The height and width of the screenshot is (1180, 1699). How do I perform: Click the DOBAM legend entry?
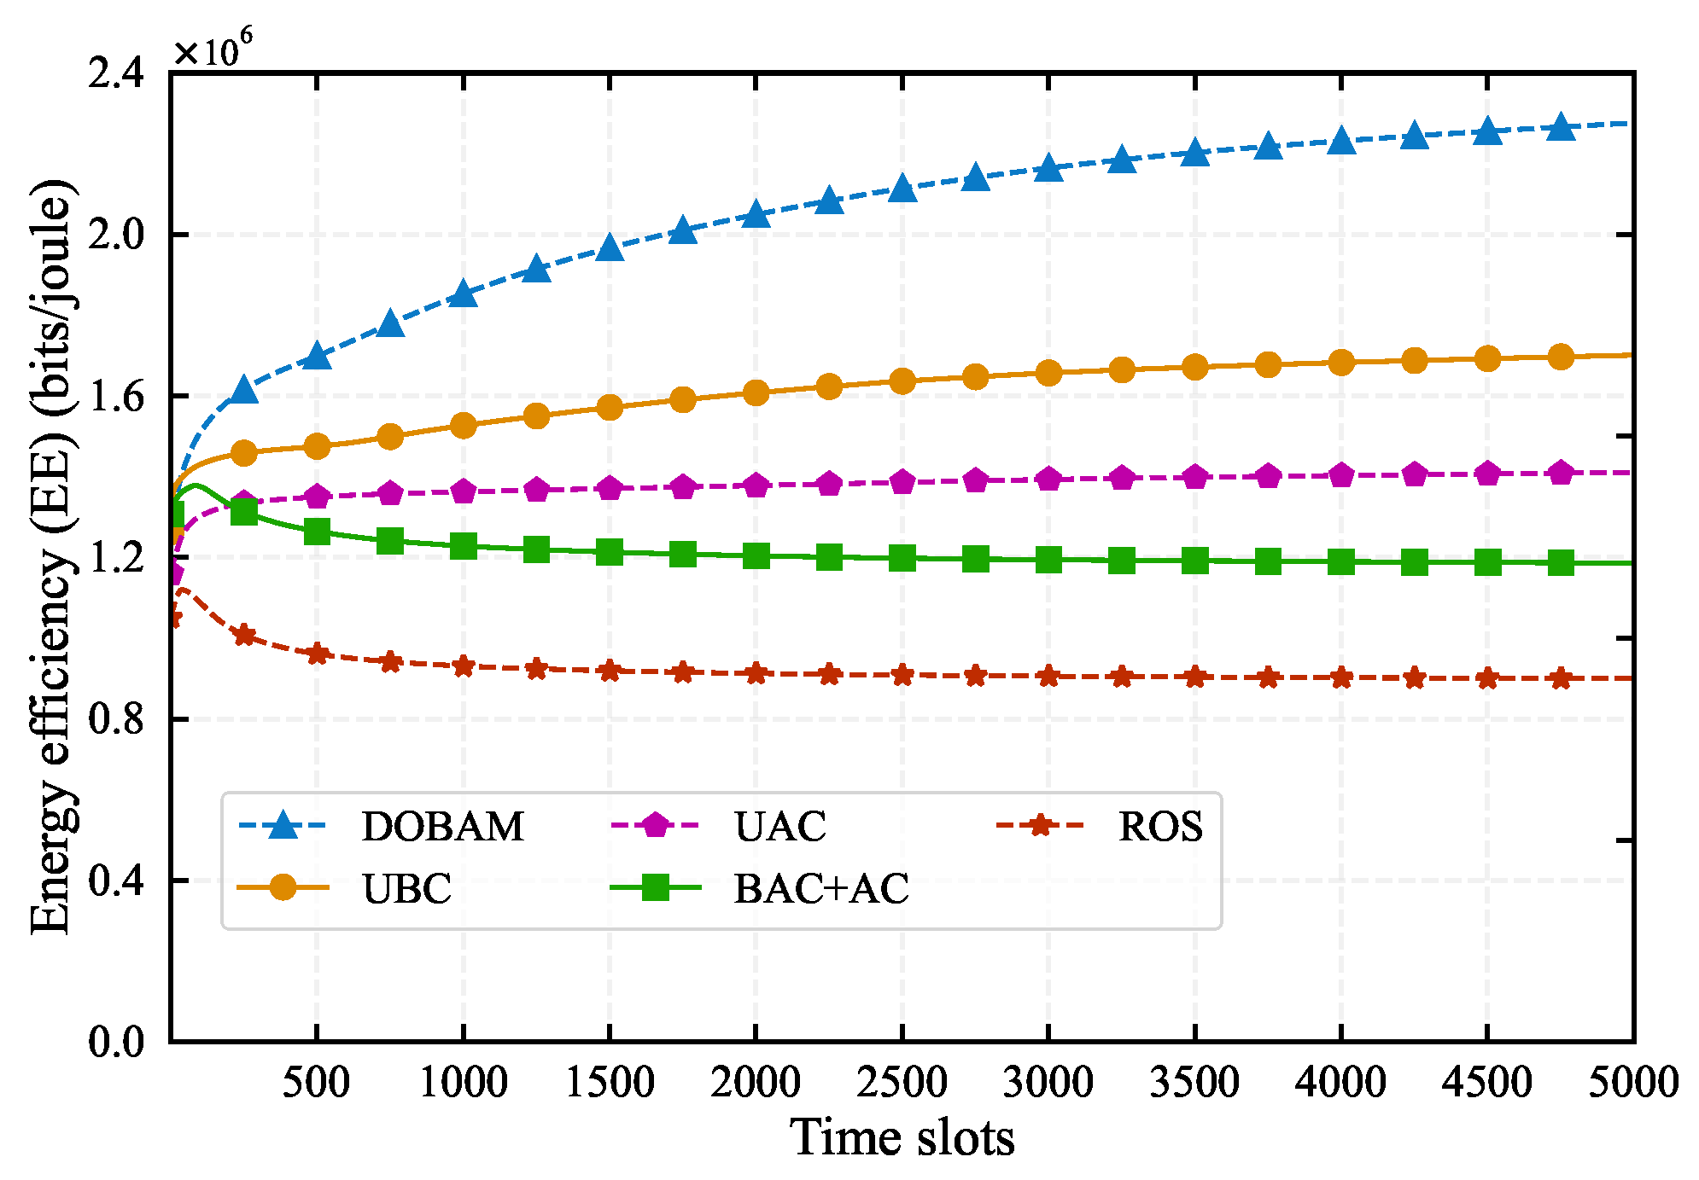(442, 826)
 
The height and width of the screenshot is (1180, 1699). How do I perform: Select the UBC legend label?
(406, 889)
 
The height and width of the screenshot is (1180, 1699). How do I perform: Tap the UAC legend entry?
(779, 826)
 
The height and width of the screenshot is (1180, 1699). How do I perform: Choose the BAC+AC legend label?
(821, 889)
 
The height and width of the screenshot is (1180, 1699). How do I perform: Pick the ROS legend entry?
(1160, 826)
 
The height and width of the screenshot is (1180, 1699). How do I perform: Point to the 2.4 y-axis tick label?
(116, 73)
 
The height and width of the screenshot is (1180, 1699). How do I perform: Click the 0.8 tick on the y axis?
(116, 719)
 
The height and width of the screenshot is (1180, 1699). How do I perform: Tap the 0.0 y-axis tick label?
(116, 1042)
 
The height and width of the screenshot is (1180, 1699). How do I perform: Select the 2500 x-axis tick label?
(902, 1083)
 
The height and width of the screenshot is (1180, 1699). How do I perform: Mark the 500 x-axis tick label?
(317, 1083)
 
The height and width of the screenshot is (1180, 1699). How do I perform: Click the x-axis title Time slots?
(902, 1137)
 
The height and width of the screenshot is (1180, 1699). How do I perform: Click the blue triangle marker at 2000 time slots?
(756, 214)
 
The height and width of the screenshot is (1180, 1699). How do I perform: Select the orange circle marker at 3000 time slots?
(1048, 373)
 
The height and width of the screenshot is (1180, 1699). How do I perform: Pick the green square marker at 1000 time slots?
(463, 545)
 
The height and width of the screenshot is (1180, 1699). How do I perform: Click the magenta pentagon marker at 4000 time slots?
(1341, 475)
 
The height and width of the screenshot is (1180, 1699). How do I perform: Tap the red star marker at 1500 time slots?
(610, 671)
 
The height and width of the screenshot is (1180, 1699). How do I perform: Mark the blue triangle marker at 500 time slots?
(317, 356)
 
